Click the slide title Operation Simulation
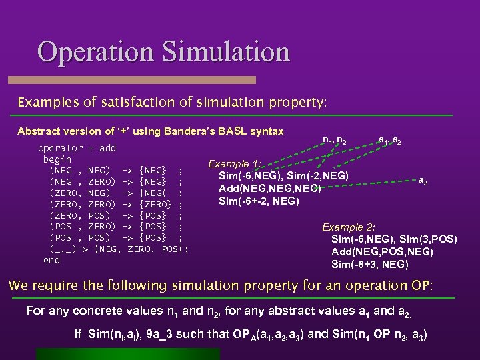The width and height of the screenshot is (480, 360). point(163,52)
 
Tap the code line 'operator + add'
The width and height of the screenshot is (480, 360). point(77,148)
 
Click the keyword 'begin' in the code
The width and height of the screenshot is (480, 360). point(57,159)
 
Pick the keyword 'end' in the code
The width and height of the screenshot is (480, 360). point(51,260)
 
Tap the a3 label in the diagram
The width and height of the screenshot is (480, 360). point(423,180)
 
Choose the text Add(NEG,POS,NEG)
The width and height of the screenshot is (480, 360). point(382,251)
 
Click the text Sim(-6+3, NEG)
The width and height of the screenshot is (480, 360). point(370,264)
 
